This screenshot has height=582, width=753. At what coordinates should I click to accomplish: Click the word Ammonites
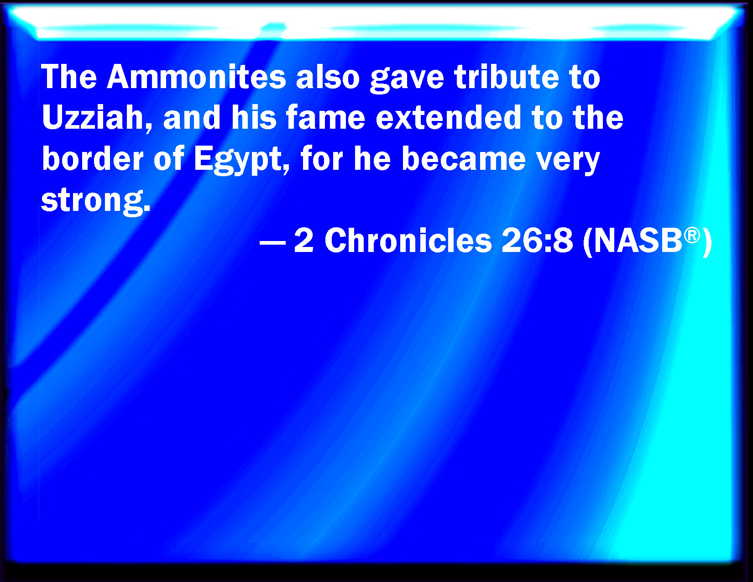click(x=197, y=77)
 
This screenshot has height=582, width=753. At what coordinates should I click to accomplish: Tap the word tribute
click(x=507, y=77)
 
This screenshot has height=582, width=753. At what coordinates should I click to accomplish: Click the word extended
click(x=449, y=117)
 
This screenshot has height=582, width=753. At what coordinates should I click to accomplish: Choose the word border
click(x=93, y=159)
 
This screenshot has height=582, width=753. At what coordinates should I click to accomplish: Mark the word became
click(x=464, y=159)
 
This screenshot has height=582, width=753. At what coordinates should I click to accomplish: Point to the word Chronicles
click(x=408, y=241)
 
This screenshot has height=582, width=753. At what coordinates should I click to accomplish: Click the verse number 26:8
click(x=537, y=241)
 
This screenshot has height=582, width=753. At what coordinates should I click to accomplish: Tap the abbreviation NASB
click(x=638, y=241)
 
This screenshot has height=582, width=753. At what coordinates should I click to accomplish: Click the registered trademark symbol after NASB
click(x=692, y=236)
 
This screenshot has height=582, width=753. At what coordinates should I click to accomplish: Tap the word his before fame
click(x=254, y=117)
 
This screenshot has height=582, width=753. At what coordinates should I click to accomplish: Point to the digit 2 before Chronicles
click(x=304, y=241)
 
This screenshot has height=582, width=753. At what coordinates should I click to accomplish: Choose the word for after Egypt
click(x=322, y=159)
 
